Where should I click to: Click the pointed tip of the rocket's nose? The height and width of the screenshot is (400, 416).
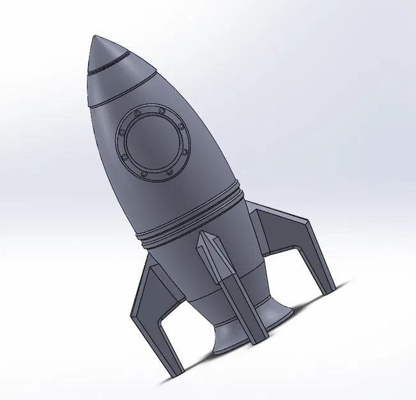[94, 37]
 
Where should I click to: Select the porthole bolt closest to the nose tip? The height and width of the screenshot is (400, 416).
[137, 113]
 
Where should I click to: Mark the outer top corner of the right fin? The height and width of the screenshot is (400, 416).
[308, 223]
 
